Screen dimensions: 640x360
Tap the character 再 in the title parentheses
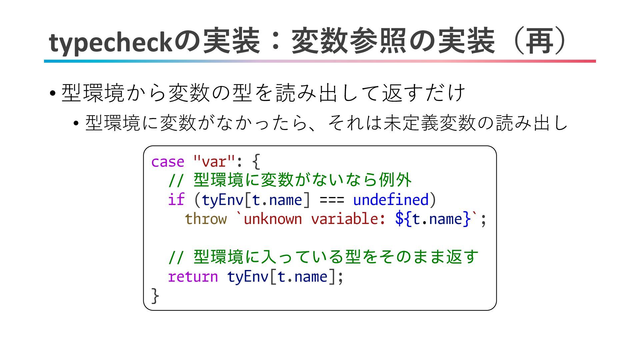point(540,41)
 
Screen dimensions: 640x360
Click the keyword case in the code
point(168,162)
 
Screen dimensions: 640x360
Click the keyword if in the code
point(176,200)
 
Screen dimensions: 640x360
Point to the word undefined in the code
point(391,200)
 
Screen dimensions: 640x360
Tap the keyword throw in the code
point(206,219)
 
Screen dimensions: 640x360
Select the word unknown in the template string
point(273,219)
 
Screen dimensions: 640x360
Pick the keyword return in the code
point(193,277)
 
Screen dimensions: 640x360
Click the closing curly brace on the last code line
point(155,296)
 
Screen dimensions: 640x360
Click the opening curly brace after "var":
point(256,162)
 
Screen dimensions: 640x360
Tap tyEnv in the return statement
point(247,277)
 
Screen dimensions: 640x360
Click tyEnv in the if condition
point(222,200)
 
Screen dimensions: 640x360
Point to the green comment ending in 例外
point(290,180)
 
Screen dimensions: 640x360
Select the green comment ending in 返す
point(323,257)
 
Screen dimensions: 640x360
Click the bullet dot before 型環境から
point(52,93)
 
